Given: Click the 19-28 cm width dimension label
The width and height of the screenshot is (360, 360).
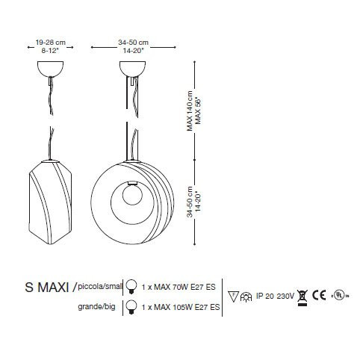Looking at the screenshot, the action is [x=51, y=43].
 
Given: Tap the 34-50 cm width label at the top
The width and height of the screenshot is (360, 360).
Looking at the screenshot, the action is [x=133, y=43].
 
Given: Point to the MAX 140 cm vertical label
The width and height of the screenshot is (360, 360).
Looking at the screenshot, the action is [x=190, y=111].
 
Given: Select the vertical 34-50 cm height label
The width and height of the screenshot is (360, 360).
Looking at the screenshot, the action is [x=190, y=202].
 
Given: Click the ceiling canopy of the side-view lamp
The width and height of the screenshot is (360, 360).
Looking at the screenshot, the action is [x=50, y=69].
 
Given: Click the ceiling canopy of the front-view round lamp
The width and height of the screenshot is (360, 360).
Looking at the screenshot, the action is [x=132, y=69].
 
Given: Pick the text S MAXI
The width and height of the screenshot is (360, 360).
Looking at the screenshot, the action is [x=47, y=288].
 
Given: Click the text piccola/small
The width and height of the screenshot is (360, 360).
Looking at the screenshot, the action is [x=100, y=287].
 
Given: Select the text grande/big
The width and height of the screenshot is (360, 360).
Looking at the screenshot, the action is [x=96, y=306].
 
